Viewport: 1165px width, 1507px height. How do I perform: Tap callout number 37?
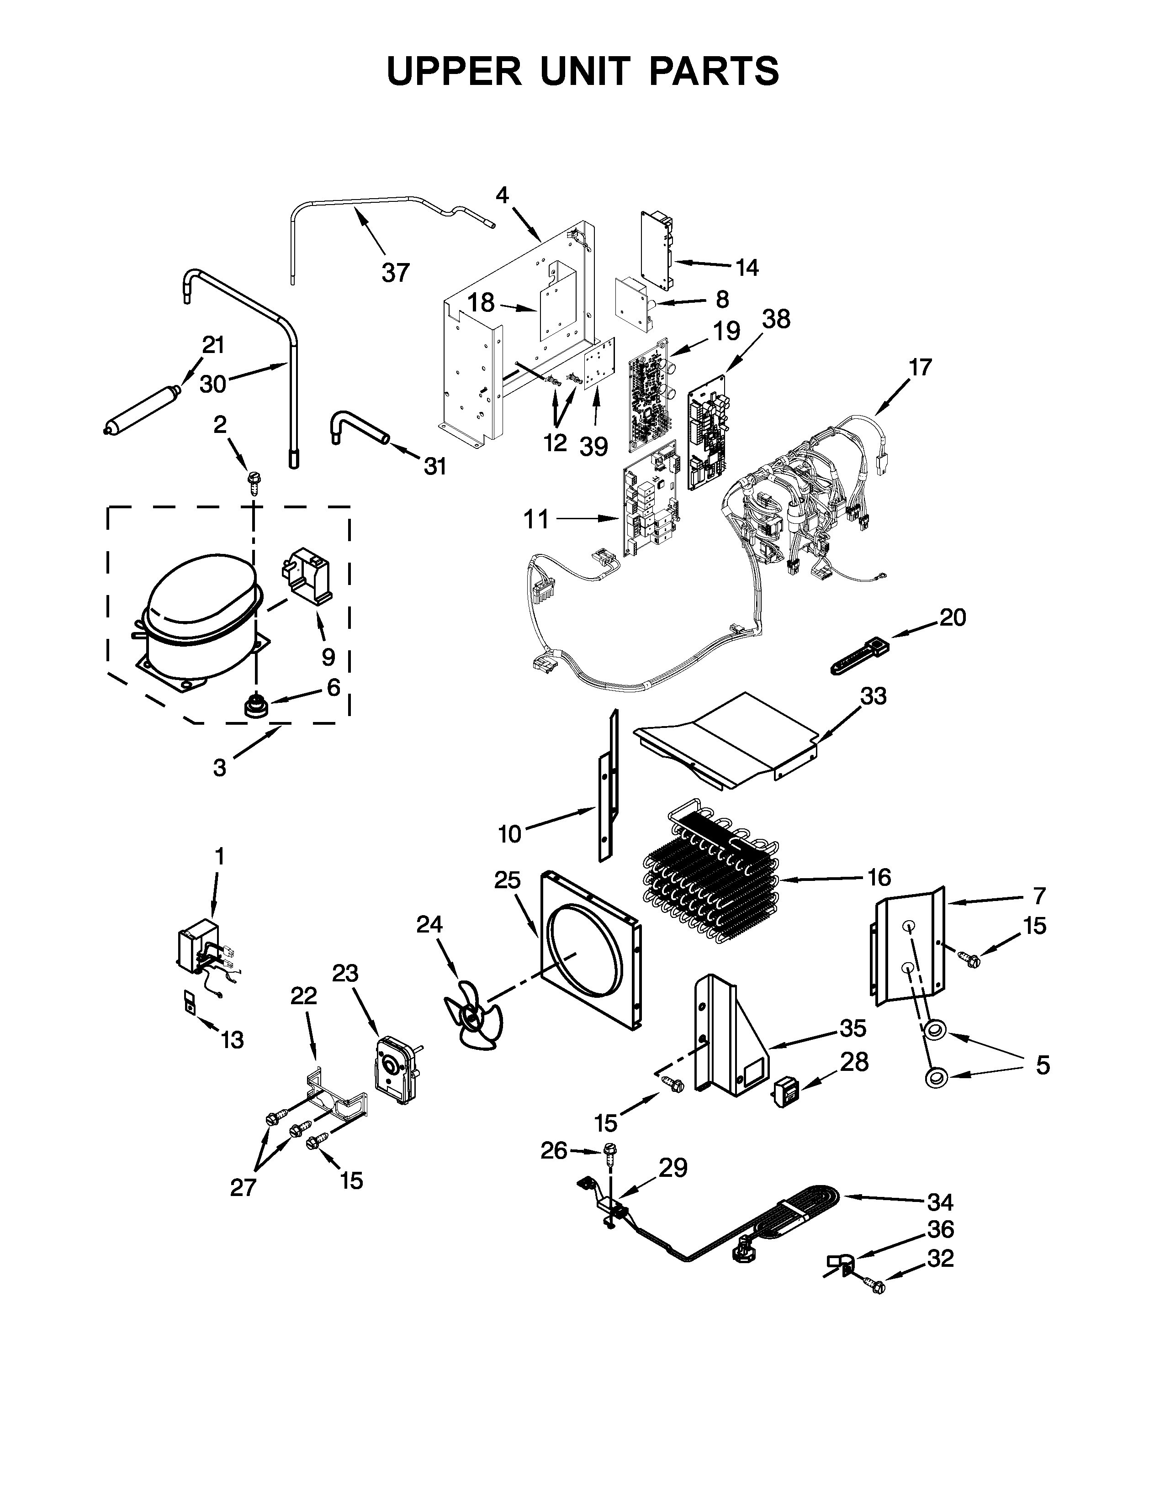point(396,273)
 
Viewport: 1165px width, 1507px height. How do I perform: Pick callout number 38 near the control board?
point(776,320)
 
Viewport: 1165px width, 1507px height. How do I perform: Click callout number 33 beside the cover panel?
point(873,696)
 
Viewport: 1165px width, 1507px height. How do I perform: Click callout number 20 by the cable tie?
point(953,617)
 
